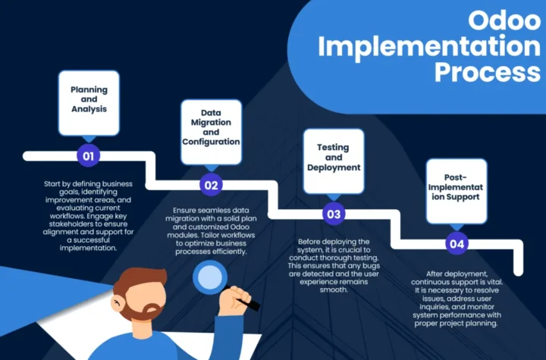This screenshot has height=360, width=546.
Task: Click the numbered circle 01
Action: coord(89,155)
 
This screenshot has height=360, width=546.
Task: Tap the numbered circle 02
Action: coord(211,185)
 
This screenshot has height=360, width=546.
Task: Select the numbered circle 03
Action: coord(334,214)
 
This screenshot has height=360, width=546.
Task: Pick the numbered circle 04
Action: coord(457,244)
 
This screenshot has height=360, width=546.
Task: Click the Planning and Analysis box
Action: coord(89,103)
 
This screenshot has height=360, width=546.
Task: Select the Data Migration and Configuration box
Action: coord(211,132)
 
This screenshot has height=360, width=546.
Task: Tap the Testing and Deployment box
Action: coord(334,161)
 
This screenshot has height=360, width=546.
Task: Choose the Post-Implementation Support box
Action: coord(457,191)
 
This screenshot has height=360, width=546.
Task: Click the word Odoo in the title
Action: coord(504,20)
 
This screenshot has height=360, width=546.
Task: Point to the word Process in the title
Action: coord(488,72)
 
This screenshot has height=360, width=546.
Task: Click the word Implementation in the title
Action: coord(429,47)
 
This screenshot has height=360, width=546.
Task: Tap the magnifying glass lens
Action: coord(210,277)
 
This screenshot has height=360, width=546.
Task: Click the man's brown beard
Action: coord(143,310)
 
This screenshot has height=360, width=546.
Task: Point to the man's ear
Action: coord(118,304)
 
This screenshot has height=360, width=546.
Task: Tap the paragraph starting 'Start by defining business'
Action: coord(88,216)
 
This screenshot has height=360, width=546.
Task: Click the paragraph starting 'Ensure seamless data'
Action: coord(211,231)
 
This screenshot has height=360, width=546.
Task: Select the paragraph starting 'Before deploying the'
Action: coord(334,266)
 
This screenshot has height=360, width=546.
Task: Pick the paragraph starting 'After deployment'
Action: coord(457,299)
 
